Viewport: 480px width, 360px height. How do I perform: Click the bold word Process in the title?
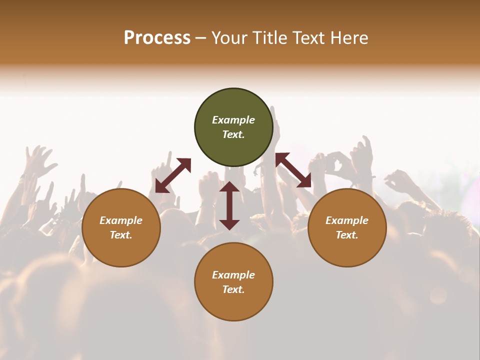[157, 38]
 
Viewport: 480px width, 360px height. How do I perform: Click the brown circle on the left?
[121, 227]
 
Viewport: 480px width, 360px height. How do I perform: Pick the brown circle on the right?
[347, 227]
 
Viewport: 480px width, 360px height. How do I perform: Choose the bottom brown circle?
[233, 281]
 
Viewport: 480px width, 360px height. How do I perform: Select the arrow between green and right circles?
[293, 170]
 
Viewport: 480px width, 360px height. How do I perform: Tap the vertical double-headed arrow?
[229, 205]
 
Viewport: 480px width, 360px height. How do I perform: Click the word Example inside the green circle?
[233, 120]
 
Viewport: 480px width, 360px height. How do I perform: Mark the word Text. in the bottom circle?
[233, 289]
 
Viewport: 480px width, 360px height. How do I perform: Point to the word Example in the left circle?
[121, 220]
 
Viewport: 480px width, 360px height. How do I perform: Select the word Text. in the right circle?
[347, 235]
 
